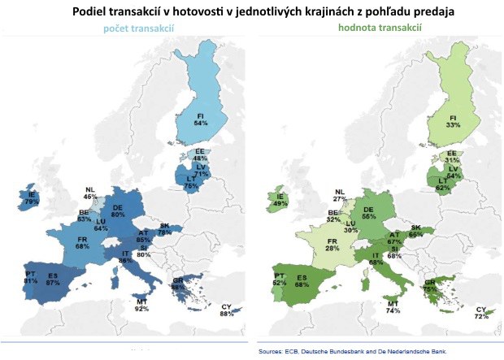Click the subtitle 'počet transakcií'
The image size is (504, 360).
click(138, 28)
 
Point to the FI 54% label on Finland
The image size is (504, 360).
click(201, 120)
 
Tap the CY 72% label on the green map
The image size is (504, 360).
click(481, 314)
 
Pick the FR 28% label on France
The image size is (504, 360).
click(331, 244)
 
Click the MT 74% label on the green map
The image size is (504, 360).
click(393, 306)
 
